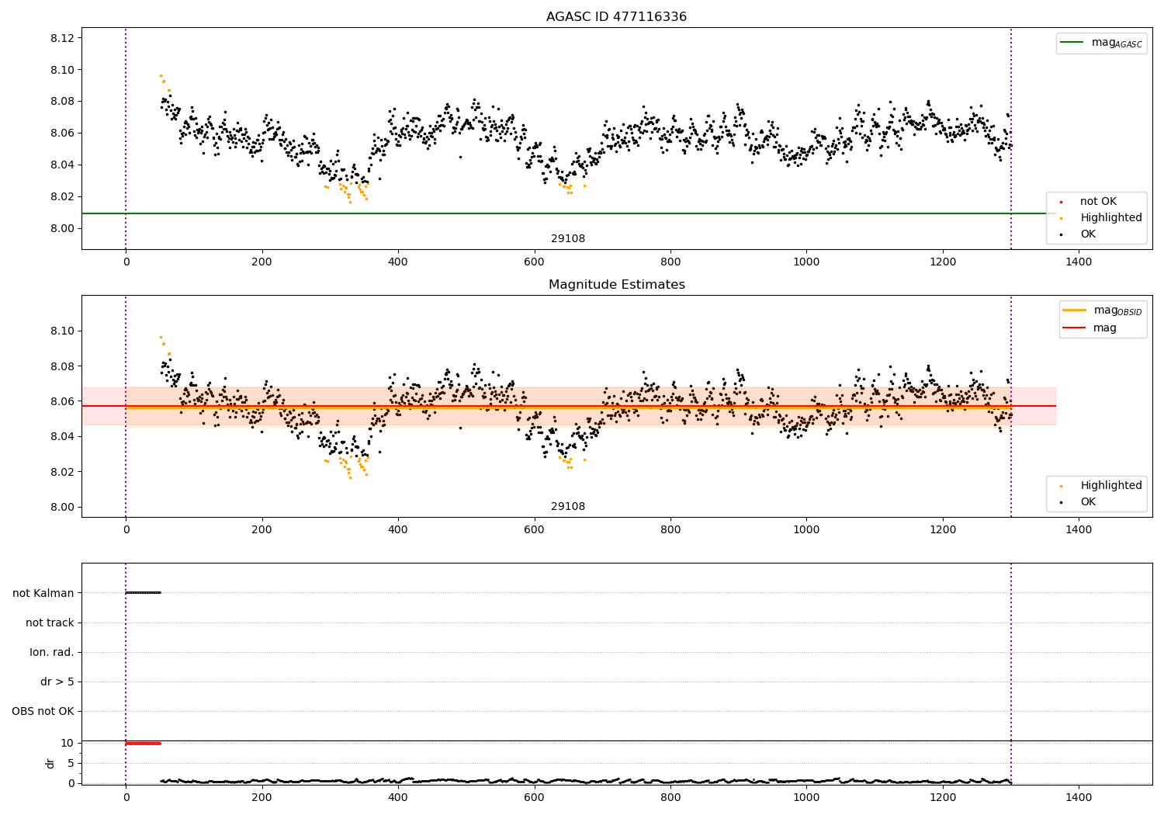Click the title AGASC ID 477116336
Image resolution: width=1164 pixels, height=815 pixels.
pos(616,17)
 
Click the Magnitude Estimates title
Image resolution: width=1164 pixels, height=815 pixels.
pos(616,285)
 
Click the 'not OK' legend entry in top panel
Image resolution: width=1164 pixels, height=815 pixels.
pos(1098,202)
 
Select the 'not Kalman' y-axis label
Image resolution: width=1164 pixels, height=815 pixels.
pos(43,593)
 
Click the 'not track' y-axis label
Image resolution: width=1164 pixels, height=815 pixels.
pos(50,623)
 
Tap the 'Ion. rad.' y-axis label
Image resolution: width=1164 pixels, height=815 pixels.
pos(52,652)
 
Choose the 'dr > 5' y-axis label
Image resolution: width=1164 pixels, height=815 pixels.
pos(57,681)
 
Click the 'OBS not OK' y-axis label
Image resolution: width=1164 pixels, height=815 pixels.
pos(43,711)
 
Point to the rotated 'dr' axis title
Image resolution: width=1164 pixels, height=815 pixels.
pos(50,763)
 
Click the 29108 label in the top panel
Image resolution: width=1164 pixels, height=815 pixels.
pos(568,239)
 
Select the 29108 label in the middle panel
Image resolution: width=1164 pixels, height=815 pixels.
pos(568,507)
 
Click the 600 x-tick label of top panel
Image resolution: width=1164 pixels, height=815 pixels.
pos(534,262)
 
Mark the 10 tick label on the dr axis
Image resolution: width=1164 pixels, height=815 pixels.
pos(67,743)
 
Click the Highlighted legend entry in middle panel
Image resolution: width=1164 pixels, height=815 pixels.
pos(1110,486)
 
